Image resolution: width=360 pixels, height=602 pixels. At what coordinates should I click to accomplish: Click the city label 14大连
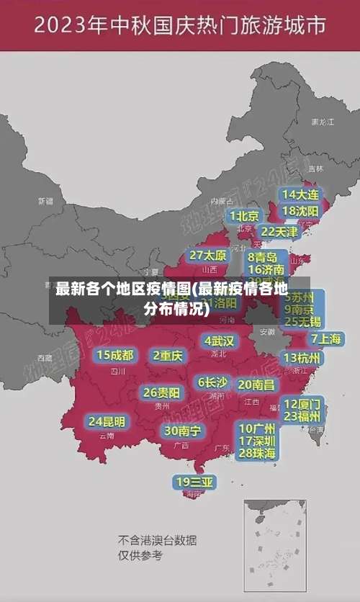pos(300,194)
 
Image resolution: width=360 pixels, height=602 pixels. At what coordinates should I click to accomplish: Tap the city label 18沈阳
pos(300,211)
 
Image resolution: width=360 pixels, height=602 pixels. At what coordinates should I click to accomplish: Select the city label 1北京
pos(244,216)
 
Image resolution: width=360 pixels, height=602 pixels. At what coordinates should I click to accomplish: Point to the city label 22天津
pos(279,232)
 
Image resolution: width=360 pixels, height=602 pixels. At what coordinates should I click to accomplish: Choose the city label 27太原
pos(208,256)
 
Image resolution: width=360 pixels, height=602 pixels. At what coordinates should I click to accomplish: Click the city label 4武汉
pos(219,341)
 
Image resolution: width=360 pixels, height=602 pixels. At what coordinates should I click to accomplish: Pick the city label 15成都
pos(115,355)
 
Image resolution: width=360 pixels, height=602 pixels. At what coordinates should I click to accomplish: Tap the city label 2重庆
pos(168,356)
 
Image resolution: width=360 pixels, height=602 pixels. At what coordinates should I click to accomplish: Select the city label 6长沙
pos(212,382)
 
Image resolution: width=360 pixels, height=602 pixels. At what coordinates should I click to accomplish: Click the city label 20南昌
pos(256,385)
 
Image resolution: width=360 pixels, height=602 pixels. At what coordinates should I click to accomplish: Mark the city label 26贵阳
pos(161,393)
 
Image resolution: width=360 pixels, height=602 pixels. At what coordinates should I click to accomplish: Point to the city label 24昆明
pos(107,421)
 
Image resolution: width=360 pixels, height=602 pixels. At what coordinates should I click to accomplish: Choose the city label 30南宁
pos(182,431)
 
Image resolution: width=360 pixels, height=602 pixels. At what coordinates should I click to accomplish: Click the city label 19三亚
pos(194,482)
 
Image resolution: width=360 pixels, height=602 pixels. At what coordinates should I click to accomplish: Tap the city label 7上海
pos(326,338)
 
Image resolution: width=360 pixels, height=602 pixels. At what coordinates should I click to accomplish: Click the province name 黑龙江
pos(322,122)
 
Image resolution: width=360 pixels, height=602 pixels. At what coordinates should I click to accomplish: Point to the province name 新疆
pos(45,201)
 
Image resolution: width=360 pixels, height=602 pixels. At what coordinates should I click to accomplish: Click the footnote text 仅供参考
pos(140,555)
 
